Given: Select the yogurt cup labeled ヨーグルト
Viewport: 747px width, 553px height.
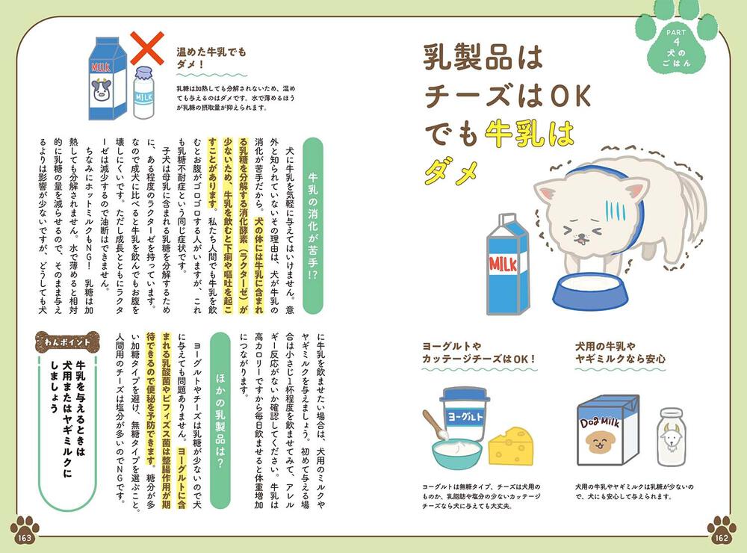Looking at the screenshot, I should (465, 414).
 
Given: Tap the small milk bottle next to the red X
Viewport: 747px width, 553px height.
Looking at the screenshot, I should (143, 93).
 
